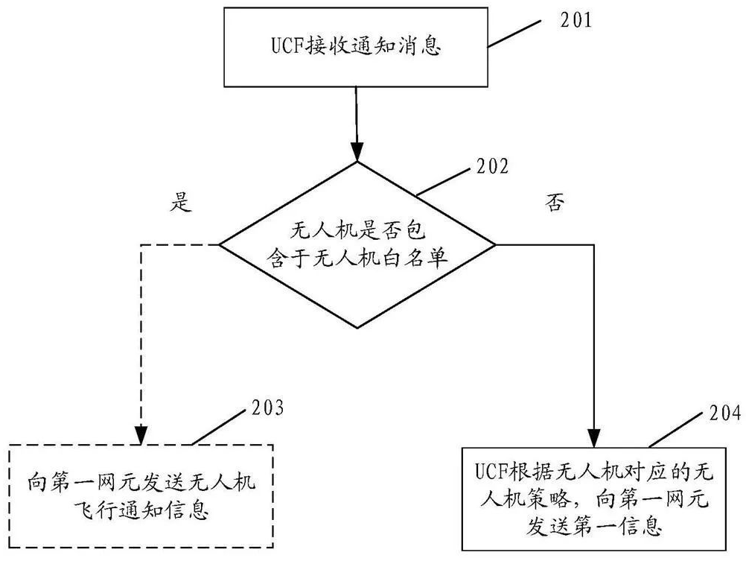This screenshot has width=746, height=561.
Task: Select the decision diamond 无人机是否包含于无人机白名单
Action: click(x=357, y=244)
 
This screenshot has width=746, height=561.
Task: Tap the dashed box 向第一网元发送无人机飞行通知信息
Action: click(x=141, y=496)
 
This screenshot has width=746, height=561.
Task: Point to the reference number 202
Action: click(x=492, y=167)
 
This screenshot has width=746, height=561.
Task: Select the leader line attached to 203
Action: click(x=216, y=426)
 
